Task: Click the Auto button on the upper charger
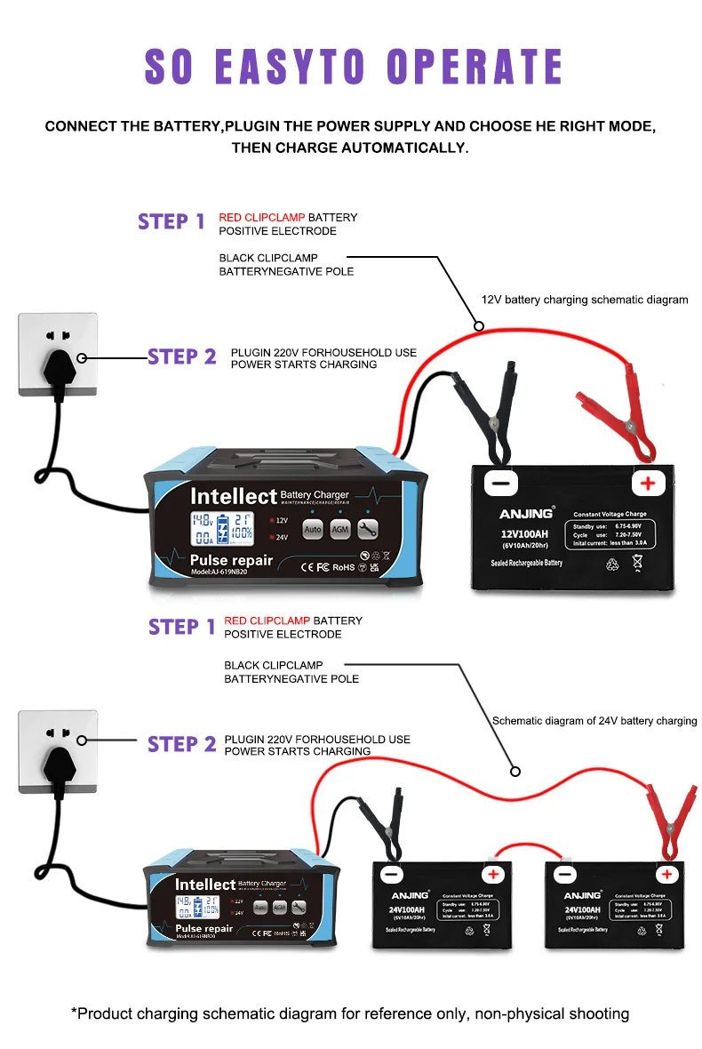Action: click(312, 529)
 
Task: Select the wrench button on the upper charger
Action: click(368, 529)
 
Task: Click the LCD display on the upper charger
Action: click(222, 528)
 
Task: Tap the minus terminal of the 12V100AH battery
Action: click(501, 483)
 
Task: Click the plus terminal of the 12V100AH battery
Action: click(648, 483)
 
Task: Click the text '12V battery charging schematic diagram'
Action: click(585, 300)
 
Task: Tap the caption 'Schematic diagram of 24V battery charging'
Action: click(594, 721)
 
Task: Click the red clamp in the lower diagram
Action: click(668, 818)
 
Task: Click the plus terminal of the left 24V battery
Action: click(494, 875)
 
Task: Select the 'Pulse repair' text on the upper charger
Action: click(231, 560)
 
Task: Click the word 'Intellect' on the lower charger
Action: click(204, 885)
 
